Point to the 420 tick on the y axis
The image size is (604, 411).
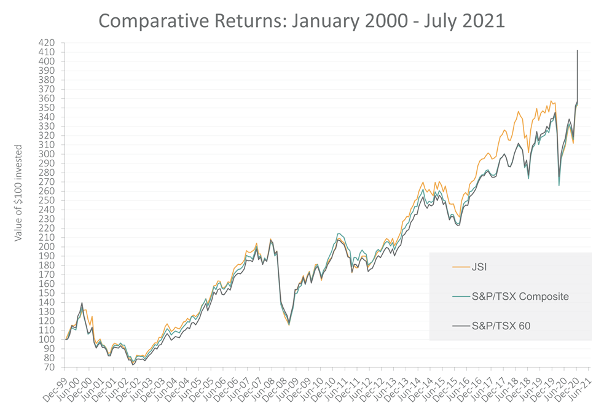click(47, 43)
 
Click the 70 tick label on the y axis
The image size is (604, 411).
click(49, 367)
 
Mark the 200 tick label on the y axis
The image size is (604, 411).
click(47, 247)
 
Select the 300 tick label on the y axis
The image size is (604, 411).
click(47, 154)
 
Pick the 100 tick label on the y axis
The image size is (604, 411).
click(47, 340)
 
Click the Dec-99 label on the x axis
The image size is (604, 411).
click(55, 383)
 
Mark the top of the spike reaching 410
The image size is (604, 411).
click(577, 51)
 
